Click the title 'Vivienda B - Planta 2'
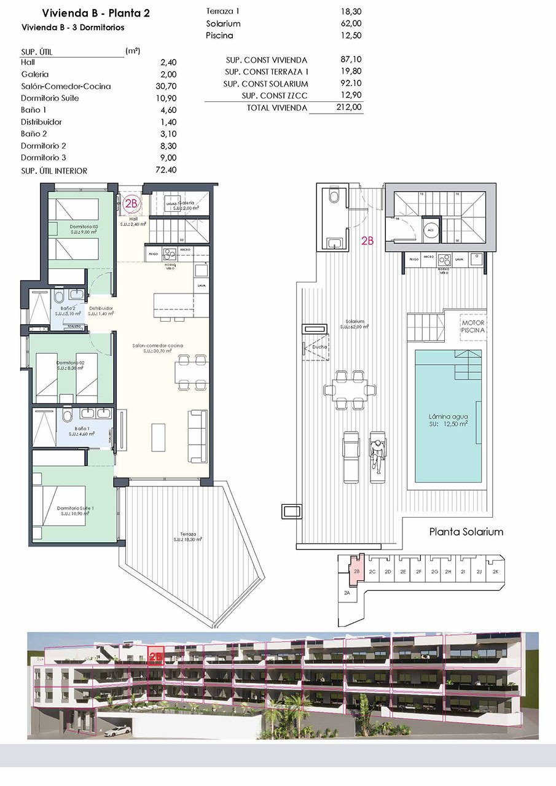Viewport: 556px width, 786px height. tap(95, 13)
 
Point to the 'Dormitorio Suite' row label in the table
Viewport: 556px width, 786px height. tap(50, 98)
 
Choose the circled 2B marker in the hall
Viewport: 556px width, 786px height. tap(130, 203)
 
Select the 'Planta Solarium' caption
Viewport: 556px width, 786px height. tap(466, 532)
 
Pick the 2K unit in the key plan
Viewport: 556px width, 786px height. tap(496, 572)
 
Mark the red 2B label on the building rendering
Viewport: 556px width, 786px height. tap(155, 656)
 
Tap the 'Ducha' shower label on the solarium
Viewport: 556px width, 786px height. tap(319, 346)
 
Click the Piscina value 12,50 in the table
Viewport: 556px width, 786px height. tap(352, 36)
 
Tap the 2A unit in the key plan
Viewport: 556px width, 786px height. tap(347, 593)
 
